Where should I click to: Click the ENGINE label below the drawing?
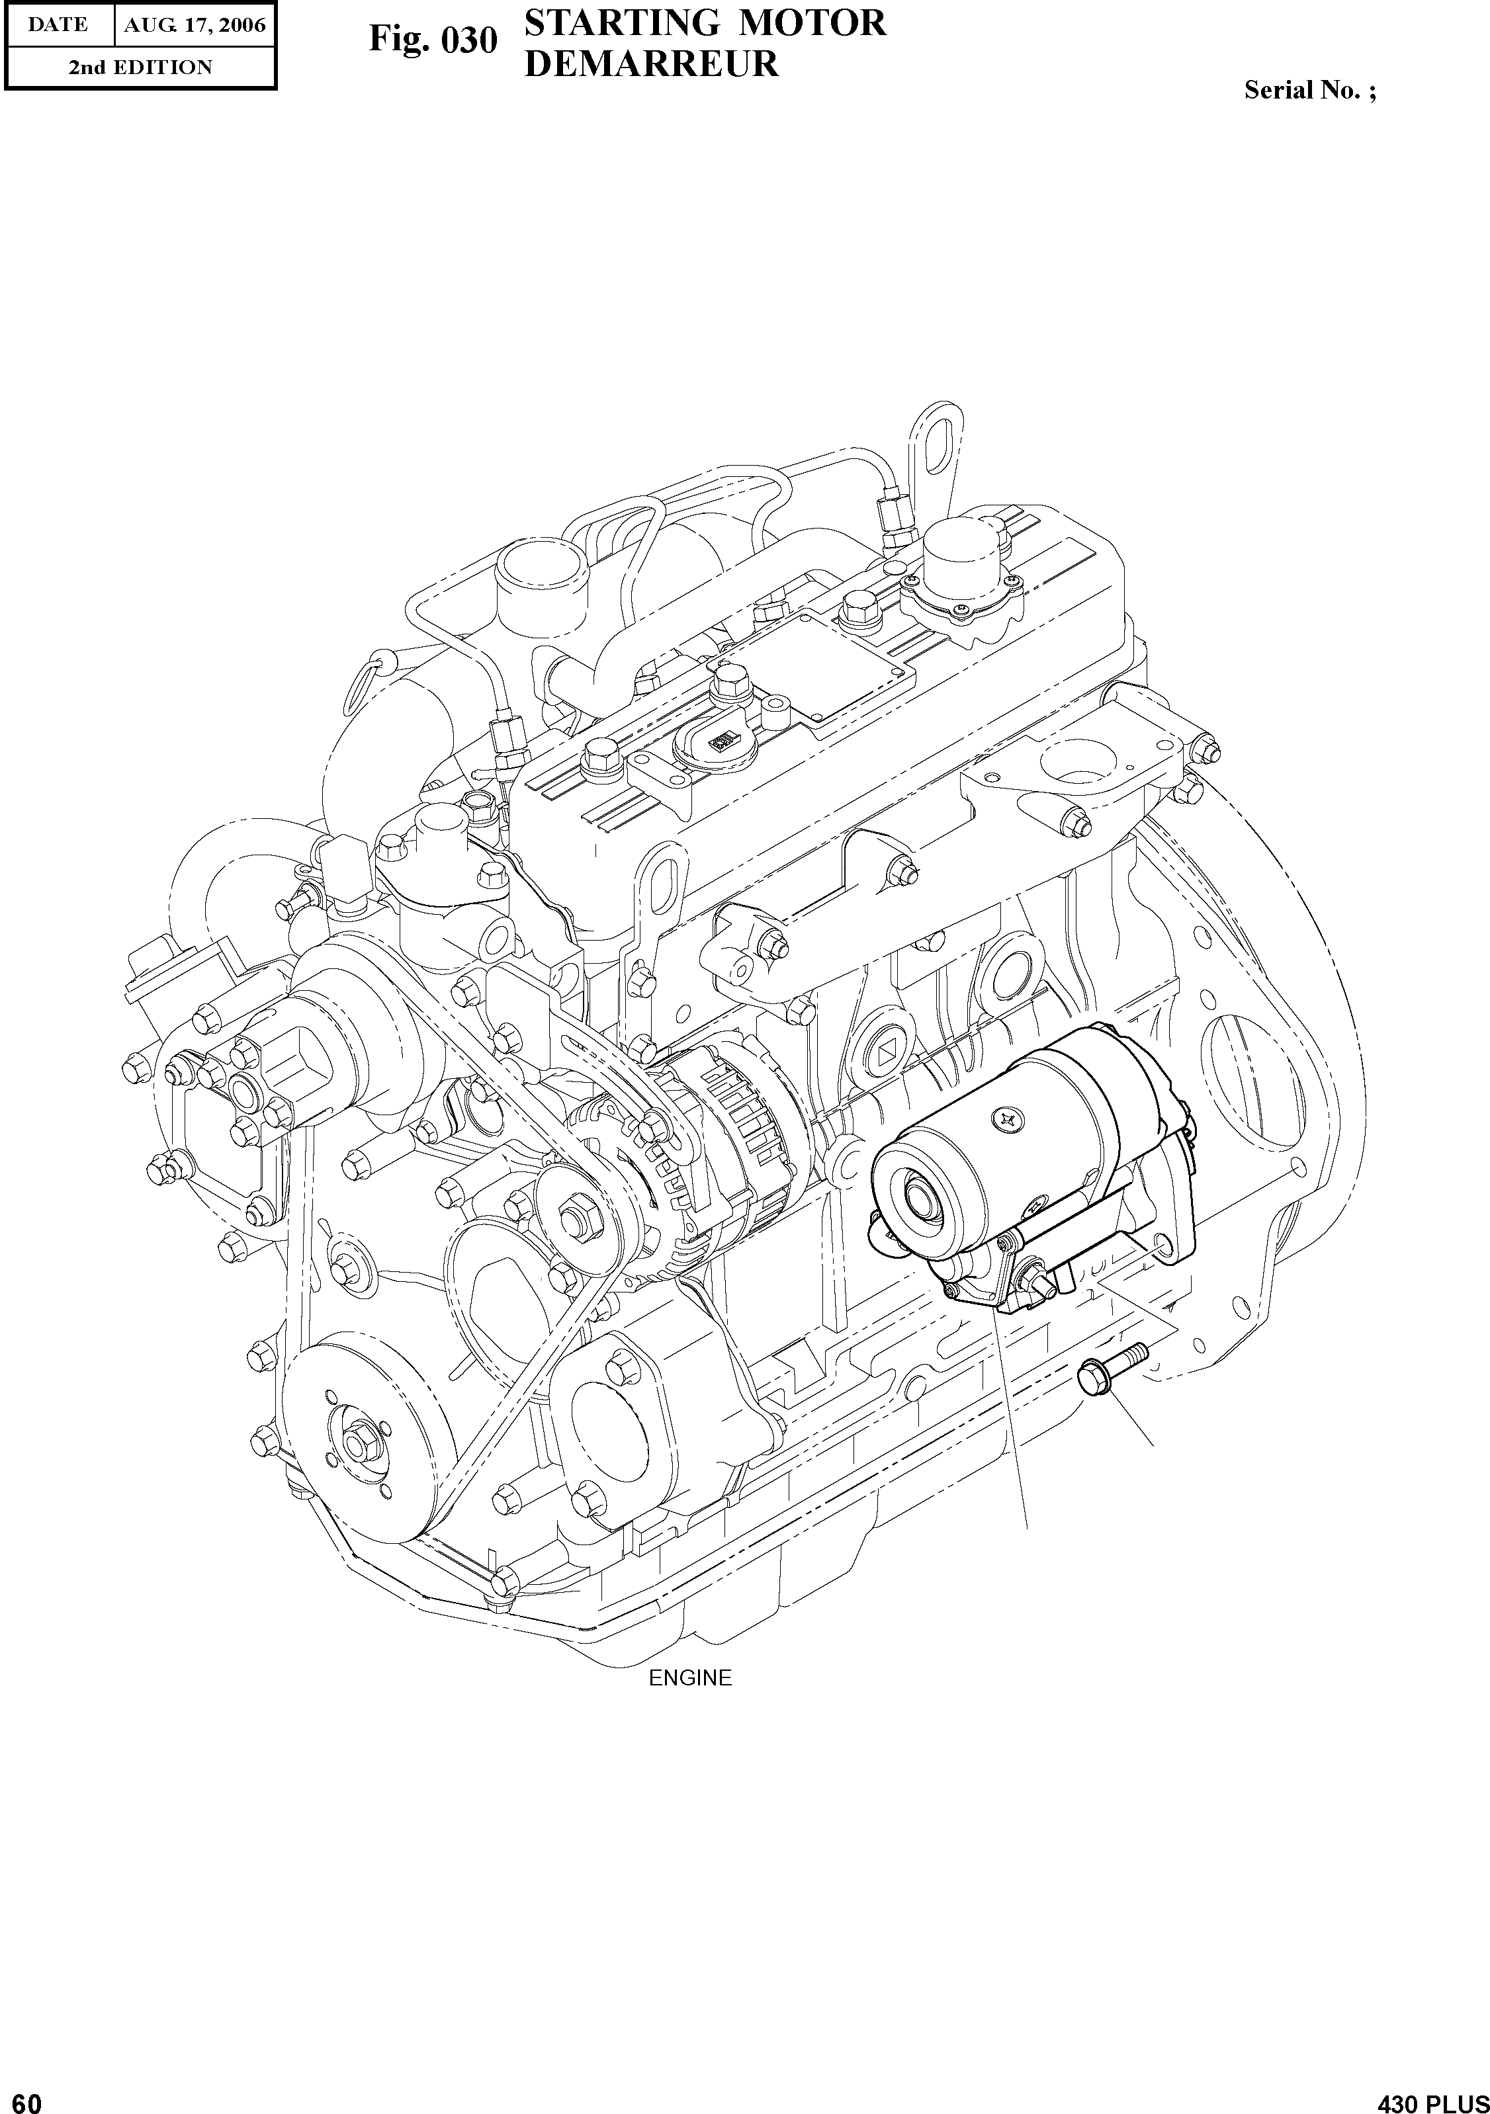pos(689,1677)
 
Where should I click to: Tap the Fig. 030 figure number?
pos(433,40)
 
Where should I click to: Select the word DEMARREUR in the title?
pos(651,63)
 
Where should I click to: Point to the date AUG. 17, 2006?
pos(195,25)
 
